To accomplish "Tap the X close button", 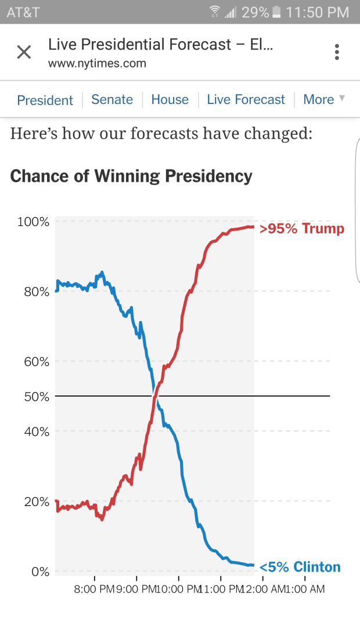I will (24, 52).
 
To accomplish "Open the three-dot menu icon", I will (337, 52).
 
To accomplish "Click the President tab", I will (45, 100).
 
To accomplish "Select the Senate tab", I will (112, 99).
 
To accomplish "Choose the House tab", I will (170, 99).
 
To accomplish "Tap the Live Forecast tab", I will (246, 99).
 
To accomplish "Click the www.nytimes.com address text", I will (97, 63).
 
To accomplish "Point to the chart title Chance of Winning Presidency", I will (131, 176).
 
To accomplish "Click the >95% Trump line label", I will (301, 228).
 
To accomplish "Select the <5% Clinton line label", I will (300, 567).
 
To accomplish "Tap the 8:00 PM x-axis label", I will (95, 589).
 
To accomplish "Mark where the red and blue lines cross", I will (154, 396).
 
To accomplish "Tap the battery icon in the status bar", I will (276, 12).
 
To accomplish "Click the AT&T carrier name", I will (23, 12).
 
